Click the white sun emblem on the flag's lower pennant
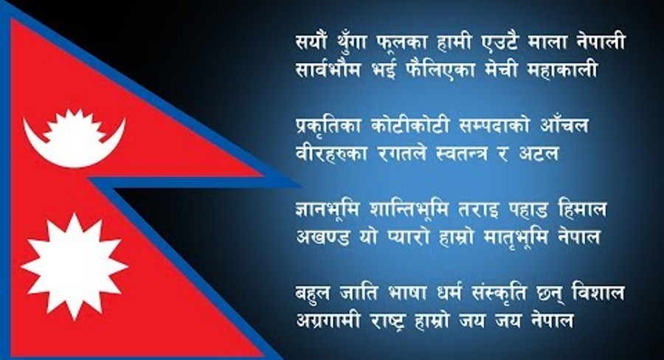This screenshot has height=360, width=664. [75, 266]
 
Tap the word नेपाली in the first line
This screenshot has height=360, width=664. [602, 41]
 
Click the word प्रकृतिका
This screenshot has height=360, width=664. [328, 126]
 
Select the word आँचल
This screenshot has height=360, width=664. [564, 124]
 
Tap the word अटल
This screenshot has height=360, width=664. [539, 153]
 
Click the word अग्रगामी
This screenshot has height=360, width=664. [328, 320]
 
